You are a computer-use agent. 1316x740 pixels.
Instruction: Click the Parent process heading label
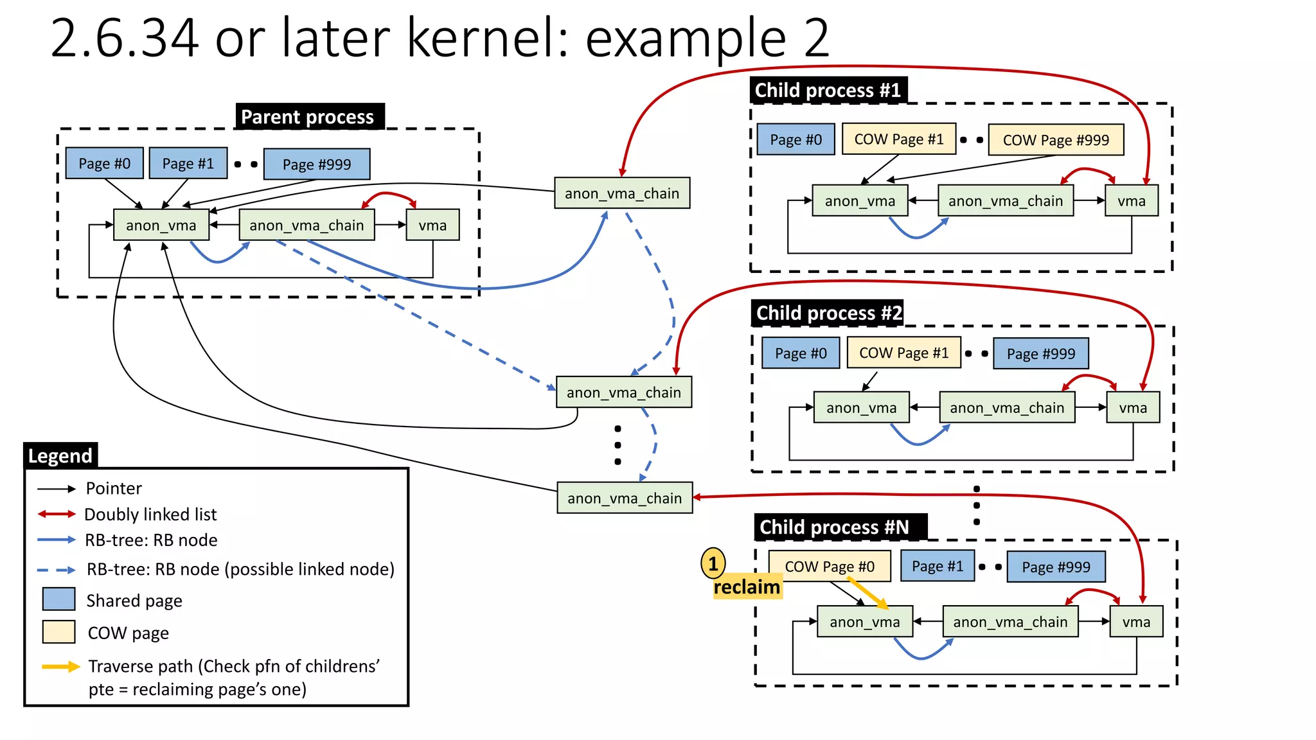coord(309,117)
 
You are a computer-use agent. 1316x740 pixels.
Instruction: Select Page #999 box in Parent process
coord(317,164)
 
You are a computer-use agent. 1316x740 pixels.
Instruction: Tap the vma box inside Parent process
coord(432,225)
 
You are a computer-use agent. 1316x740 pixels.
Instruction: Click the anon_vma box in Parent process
coord(161,225)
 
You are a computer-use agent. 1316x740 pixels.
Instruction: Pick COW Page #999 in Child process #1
coord(1056,140)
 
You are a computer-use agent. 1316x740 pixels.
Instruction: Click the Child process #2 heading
coord(828,313)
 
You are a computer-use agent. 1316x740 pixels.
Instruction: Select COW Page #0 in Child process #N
coord(830,567)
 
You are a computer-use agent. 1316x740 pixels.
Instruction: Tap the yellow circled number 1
coord(713,564)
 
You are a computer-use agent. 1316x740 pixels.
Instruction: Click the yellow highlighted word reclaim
coord(747,587)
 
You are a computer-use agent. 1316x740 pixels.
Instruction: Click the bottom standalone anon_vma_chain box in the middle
coord(625,498)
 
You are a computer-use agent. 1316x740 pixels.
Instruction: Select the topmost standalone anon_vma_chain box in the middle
coord(622,193)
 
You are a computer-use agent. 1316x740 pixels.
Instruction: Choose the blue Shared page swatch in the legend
coord(58,599)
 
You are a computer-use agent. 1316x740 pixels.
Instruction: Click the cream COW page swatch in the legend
coord(58,632)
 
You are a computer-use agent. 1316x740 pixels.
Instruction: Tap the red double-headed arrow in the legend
coord(57,514)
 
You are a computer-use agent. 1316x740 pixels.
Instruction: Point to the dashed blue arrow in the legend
coord(57,570)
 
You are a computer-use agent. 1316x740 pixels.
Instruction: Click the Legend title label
coord(60,455)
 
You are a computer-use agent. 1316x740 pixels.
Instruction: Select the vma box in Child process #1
coord(1131,201)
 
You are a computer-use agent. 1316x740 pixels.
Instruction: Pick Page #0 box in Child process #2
coord(801,353)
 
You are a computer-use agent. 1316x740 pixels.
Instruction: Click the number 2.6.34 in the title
coord(124,39)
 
